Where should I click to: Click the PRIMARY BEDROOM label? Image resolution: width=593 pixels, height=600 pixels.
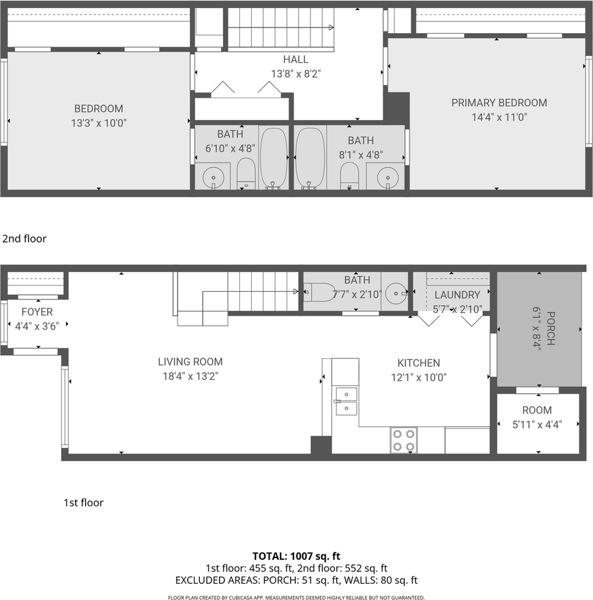tap(499, 102)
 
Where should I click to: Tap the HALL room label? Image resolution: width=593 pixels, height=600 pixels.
tap(296, 59)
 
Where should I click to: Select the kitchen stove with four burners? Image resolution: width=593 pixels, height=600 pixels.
tap(404, 440)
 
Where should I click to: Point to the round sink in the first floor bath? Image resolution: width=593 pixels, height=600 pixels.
tap(396, 294)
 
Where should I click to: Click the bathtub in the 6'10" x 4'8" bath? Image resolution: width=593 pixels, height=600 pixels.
tap(274, 157)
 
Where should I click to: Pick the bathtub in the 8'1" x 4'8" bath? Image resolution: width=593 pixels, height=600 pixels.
tap(310, 157)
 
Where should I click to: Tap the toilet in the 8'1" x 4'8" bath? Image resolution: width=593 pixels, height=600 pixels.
tap(349, 176)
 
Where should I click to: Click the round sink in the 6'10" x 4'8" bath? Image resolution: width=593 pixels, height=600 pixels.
tap(213, 177)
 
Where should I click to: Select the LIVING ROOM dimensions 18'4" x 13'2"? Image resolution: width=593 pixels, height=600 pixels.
tap(190, 376)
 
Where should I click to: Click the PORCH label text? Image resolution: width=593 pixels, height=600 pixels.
tap(551, 328)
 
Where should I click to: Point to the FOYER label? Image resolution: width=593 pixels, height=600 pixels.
tap(37, 312)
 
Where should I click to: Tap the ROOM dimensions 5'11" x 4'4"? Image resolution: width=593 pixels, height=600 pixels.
tap(537, 424)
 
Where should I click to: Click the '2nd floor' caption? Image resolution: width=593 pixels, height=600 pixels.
tap(24, 238)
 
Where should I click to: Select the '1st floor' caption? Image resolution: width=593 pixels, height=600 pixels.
tap(83, 502)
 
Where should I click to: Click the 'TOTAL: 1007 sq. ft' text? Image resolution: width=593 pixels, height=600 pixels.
tap(296, 556)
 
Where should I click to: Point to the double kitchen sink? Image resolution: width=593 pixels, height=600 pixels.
tap(347, 401)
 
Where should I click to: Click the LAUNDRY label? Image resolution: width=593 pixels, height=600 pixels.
tap(457, 294)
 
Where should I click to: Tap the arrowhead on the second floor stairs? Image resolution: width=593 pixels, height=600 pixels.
tap(331, 27)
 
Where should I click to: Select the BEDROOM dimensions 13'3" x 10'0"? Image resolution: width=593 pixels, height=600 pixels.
tap(99, 123)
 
